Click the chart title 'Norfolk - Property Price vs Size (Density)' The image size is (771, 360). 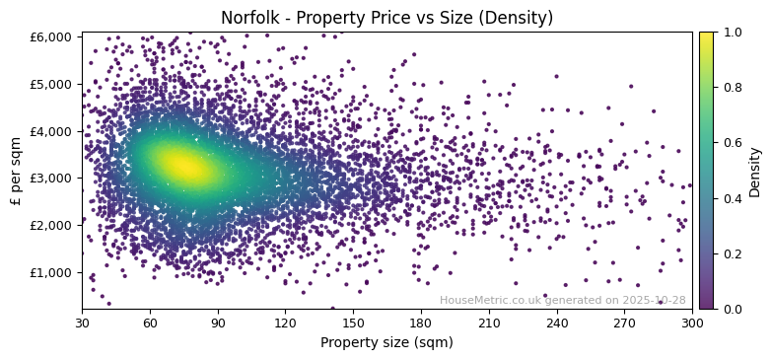pos(386,18)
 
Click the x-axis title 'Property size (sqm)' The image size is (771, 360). pos(386,343)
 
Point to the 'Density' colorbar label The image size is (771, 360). pos(755,170)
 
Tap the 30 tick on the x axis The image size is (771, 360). pos(82,323)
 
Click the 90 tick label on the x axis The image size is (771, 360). pos(218,323)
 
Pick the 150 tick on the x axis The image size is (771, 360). pos(353,323)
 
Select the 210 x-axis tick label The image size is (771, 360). pos(489,323)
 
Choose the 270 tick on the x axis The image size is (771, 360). pos(625,323)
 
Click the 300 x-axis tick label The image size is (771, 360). pos(692,323)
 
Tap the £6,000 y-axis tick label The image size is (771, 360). pos(55,36)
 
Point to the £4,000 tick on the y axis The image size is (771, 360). pos(55,131)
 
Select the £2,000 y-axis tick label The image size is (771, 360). pos(55,225)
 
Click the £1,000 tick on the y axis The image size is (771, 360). pos(55,272)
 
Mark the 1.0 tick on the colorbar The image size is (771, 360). pos(733,32)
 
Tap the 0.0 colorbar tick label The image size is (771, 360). pos(733,309)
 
